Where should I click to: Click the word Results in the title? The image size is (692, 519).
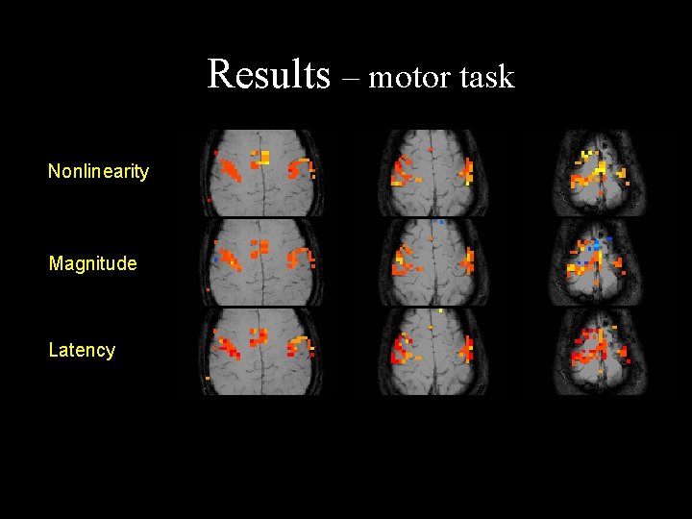coord(268,74)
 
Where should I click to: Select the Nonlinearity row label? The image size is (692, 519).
coord(98,172)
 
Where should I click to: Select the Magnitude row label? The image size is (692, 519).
coord(92,263)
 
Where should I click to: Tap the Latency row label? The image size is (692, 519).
coord(82,350)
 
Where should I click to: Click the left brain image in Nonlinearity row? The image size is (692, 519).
coord(261,173)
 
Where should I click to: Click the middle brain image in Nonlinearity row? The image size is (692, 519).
coord(432,173)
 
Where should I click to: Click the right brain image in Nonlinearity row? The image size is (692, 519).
coord(599,173)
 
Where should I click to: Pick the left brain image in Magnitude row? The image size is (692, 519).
coord(261,262)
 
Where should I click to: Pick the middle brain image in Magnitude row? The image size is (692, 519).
coord(432,262)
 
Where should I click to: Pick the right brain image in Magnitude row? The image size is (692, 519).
coord(599,262)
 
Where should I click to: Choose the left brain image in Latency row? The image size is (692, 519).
coord(261,351)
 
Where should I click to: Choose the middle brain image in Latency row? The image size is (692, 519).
coord(432,351)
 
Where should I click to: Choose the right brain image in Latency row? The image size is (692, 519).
coord(599,351)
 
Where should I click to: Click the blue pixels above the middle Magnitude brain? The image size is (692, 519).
coord(438,222)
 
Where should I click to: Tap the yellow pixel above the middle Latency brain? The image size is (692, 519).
coord(440,311)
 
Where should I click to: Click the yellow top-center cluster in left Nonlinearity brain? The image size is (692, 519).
coord(260,155)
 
